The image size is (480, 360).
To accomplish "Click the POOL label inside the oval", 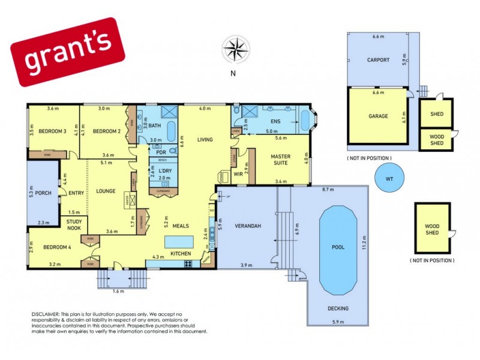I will [339, 247].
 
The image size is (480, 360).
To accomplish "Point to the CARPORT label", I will [378, 60].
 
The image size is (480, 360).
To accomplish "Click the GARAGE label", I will [378, 116].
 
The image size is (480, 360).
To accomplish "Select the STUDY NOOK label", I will [74, 224].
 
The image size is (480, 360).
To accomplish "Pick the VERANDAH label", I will [247, 226].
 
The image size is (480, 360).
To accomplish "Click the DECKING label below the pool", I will [338, 308].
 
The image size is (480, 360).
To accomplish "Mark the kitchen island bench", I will [180, 241].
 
